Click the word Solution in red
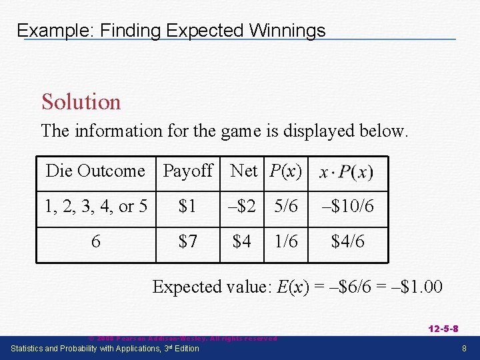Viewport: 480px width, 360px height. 81,102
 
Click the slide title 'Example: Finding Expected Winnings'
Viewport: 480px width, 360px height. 171,31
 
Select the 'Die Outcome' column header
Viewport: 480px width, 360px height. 95,171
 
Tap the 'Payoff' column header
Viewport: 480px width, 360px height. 187,171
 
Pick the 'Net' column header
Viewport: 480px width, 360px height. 243,171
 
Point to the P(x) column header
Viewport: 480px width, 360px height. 286,171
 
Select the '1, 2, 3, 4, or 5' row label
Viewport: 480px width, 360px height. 95,207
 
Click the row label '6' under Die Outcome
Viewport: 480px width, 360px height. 95,241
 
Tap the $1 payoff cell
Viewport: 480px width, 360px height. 187,207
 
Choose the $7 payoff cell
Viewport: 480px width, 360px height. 187,241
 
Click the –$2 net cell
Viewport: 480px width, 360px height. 242,207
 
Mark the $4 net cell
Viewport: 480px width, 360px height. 242,241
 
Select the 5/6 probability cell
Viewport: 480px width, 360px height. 286,207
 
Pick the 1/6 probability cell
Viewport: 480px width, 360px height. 286,241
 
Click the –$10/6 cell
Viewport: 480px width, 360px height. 348,207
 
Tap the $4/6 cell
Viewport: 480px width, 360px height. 348,241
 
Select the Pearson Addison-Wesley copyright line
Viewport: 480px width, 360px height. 183,339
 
